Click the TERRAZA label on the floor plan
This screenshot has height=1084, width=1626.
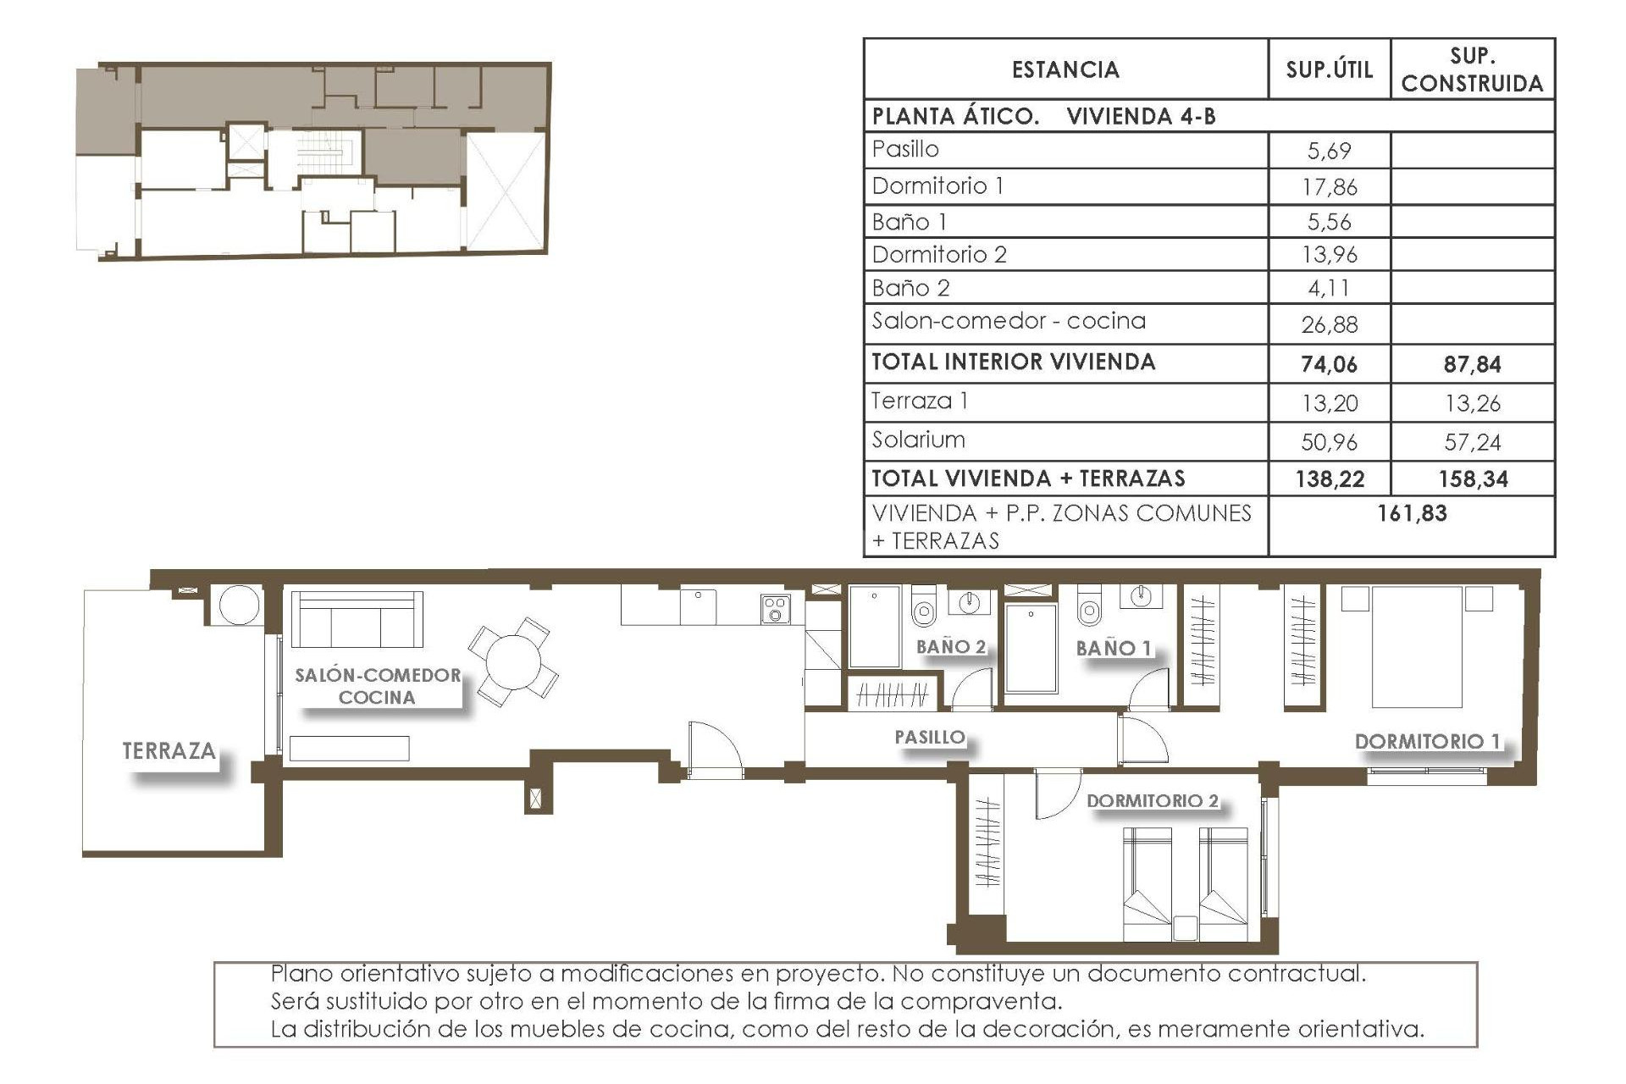(169, 750)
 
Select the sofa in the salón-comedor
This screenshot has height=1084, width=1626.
(357, 619)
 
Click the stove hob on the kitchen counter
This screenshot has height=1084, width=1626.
(775, 609)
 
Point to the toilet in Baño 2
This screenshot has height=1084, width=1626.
(922, 608)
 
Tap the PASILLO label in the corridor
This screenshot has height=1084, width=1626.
(930, 737)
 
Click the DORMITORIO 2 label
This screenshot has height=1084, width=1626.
(1152, 800)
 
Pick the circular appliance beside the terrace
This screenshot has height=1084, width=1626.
(238, 605)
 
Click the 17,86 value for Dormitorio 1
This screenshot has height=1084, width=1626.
(1329, 186)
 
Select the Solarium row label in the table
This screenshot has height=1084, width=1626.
(918, 440)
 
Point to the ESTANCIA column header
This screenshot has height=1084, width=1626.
(1065, 69)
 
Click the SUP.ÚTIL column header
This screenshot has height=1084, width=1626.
(1329, 69)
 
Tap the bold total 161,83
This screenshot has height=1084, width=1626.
(1412, 513)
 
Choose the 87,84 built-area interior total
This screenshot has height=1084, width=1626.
(1472, 364)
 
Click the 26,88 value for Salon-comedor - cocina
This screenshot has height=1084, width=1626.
(1329, 324)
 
